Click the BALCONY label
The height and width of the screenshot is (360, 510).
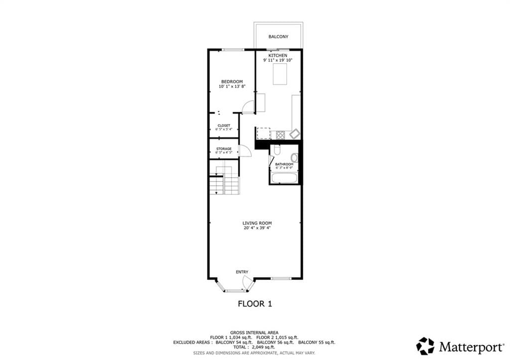click(278, 37)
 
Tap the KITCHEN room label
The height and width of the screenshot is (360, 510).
click(278, 55)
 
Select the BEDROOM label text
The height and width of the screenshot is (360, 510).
click(232, 82)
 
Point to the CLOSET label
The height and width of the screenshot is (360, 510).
click(224, 125)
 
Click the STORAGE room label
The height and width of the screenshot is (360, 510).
click(224, 149)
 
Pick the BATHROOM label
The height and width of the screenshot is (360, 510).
click(284, 164)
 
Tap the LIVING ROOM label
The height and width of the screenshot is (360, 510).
click(257, 223)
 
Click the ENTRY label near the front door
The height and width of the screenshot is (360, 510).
click(242, 272)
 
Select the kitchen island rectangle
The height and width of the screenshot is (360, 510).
click(279, 75)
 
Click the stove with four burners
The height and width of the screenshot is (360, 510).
click(280, 134)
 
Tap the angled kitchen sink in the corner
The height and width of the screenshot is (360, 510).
click(294, 133)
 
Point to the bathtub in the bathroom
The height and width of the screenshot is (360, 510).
click(284, 177)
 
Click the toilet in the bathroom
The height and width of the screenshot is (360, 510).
click(277, 150)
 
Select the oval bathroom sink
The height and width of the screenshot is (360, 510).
click(294, 158)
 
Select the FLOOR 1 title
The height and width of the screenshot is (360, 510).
click(255, 303)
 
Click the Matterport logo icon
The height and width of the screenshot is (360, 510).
click(425, 346)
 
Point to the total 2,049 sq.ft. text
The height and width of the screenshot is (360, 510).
click(254, 347)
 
